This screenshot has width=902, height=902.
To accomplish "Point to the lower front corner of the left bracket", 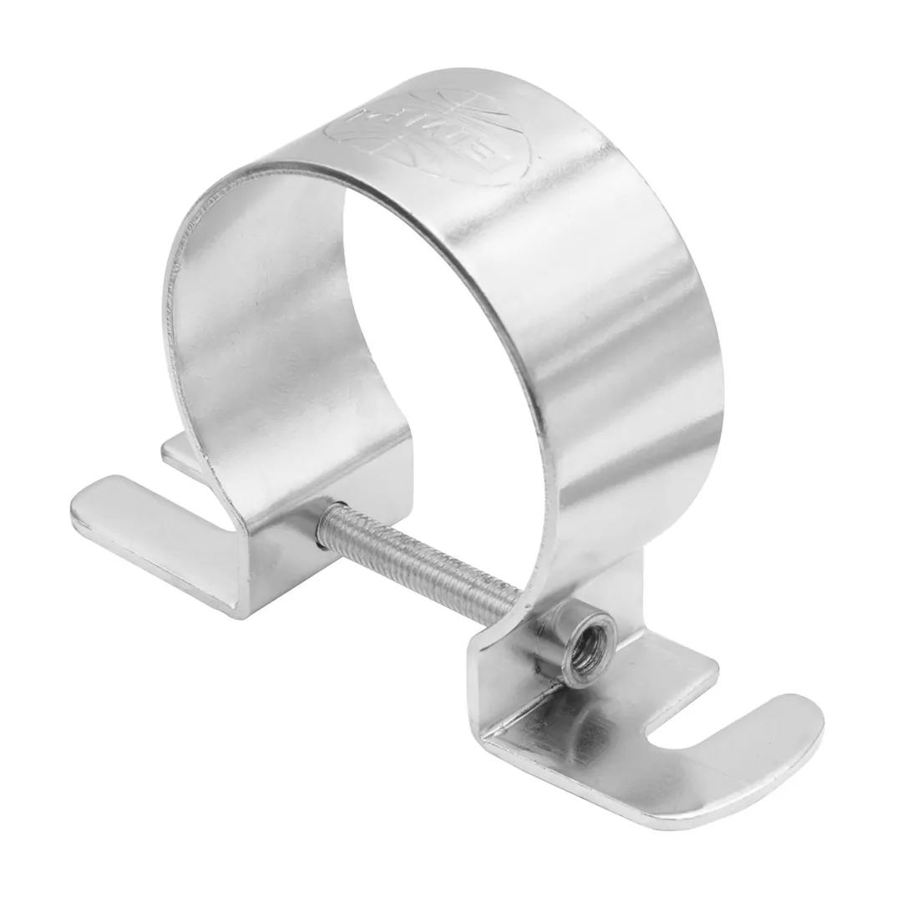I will pyautogui.click(x=251, y=585).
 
